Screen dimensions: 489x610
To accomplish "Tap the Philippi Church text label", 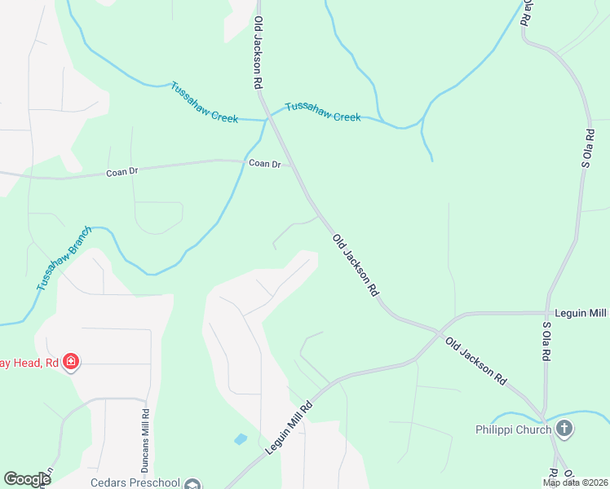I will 514,429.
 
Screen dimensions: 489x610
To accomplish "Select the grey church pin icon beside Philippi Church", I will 564,428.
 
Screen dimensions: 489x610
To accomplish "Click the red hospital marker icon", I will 72,362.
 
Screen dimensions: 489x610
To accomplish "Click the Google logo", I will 27,479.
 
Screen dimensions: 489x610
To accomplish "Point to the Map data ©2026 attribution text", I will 575,482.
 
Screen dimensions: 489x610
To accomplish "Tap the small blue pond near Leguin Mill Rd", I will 241,439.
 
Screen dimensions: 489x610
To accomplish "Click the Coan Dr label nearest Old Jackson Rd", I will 264,164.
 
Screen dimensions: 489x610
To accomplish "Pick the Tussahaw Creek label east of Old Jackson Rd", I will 322,112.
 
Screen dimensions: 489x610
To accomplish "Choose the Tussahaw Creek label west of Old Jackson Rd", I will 204,102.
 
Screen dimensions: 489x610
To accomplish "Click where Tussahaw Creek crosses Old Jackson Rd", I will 267,119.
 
